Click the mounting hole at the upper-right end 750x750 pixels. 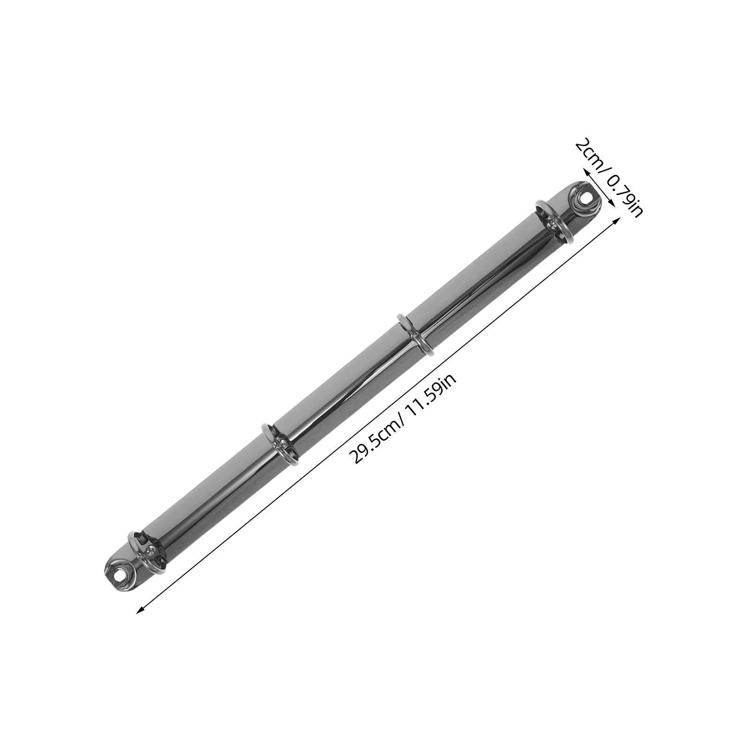583,199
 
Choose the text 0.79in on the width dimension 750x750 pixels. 623,192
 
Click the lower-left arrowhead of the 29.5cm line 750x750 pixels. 139,611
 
